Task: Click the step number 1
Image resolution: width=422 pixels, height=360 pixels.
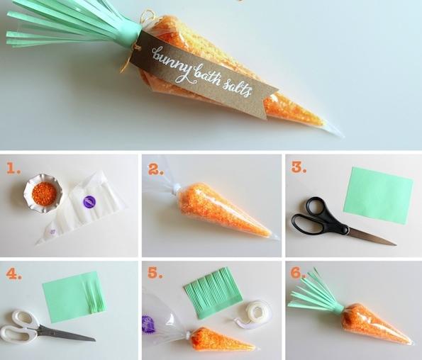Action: (13, 169)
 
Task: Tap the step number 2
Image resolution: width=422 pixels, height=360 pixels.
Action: (156, 169)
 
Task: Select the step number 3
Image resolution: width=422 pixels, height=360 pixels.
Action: (299, 167)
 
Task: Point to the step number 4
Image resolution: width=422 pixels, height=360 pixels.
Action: (14, 274)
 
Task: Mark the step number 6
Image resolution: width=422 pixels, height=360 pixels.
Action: (298, 273)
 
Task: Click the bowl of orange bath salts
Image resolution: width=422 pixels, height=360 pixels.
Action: (43, 193)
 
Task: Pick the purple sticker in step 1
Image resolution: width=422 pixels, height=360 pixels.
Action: (89, 201)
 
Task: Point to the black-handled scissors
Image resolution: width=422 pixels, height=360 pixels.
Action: (336, 223)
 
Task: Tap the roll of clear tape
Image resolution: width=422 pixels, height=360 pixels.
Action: (254, 313)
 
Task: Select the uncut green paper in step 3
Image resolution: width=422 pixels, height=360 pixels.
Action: (378, 196)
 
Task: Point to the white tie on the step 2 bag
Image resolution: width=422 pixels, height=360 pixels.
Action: (177, 189)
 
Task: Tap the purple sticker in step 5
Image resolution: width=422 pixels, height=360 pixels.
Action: (148, 325)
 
